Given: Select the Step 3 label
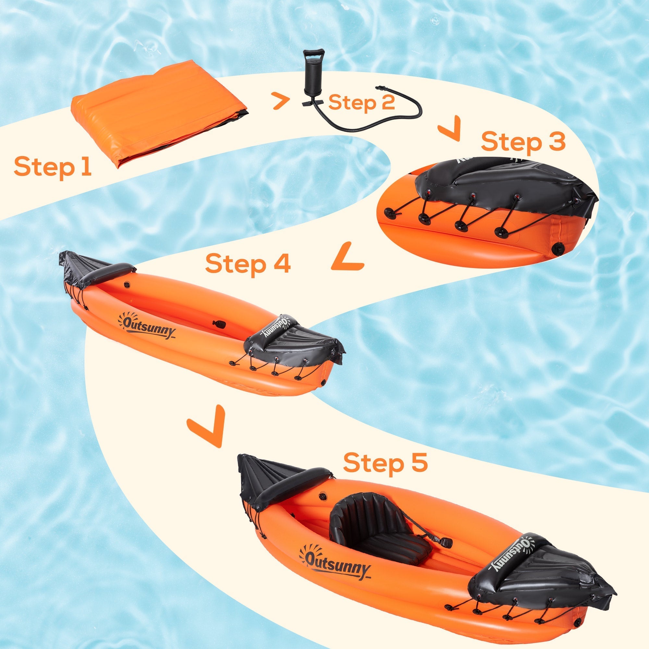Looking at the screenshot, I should [523, 142].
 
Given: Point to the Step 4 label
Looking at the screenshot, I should [248, 264].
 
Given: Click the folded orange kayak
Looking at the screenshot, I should [158, 111].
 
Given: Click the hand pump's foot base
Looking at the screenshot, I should [312, 103].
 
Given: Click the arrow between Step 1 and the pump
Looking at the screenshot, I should [281, 101].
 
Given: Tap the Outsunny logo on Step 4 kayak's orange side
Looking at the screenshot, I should [147, 325].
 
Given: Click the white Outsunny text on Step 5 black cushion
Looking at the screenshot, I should [510, 554].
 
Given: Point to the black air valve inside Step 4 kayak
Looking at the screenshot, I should [220, 324].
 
